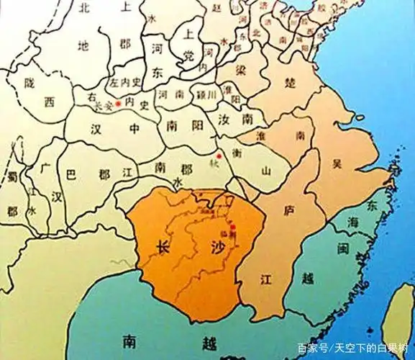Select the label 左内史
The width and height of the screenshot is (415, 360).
pos(128,84)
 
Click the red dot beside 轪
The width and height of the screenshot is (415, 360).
pos(219,155)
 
